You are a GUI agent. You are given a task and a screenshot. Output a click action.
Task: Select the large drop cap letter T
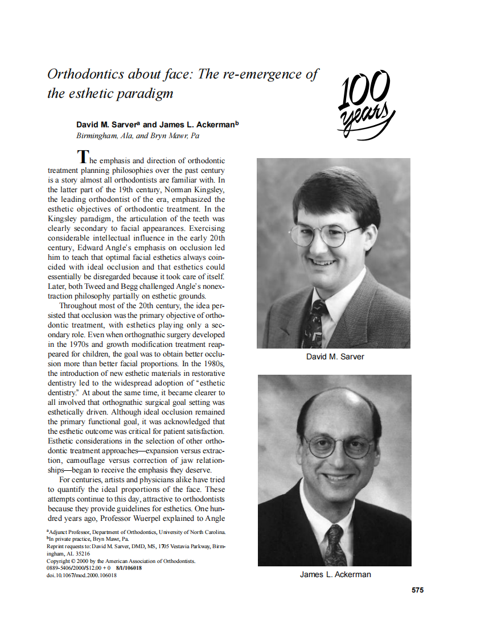(x=83, y=156)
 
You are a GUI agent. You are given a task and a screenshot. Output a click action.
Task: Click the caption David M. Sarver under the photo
(x=335, y=357)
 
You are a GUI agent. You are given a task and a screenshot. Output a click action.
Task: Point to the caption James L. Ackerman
(x=335, y=574)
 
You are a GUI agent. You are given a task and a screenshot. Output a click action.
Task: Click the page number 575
(x=417, y=590)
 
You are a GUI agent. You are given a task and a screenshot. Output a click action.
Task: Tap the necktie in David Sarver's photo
(x=314, y=325)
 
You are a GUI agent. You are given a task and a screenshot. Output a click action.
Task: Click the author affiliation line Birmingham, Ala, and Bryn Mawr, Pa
(x=138, y=136)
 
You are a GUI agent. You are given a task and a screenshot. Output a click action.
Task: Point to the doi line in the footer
(x=81, y=575)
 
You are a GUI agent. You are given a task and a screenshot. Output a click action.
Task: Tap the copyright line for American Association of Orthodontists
(x=121, y=561)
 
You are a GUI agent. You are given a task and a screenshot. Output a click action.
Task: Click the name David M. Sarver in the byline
(x=108, y=125)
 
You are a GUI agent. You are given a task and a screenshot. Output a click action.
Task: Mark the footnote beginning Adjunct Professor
(x=137, y=532)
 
